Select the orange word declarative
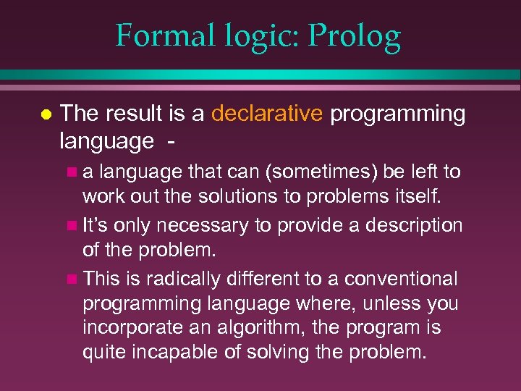pyautogui.click(x=267, y=114)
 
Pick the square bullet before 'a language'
pyautogui.click(x=70, y=172)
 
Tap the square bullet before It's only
pyautogui.click(x=70, y=226)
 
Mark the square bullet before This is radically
pyautogui.click(x=70, y=279)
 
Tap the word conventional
pyautogui.click(x=401, y=279)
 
